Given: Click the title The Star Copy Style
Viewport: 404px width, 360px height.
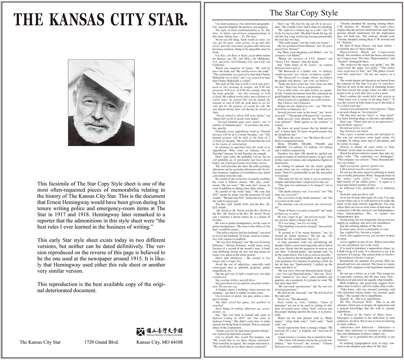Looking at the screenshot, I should [303, 13].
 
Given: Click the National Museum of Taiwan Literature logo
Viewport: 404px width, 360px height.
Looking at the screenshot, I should [159, 331].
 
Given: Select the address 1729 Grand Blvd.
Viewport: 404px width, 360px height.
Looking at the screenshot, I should [102, 342].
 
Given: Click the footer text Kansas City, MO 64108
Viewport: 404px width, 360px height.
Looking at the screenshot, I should [159, 342].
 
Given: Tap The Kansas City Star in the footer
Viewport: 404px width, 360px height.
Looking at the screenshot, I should [40, 342].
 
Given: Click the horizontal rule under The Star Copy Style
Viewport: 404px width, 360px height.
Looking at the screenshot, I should [303, 20].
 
